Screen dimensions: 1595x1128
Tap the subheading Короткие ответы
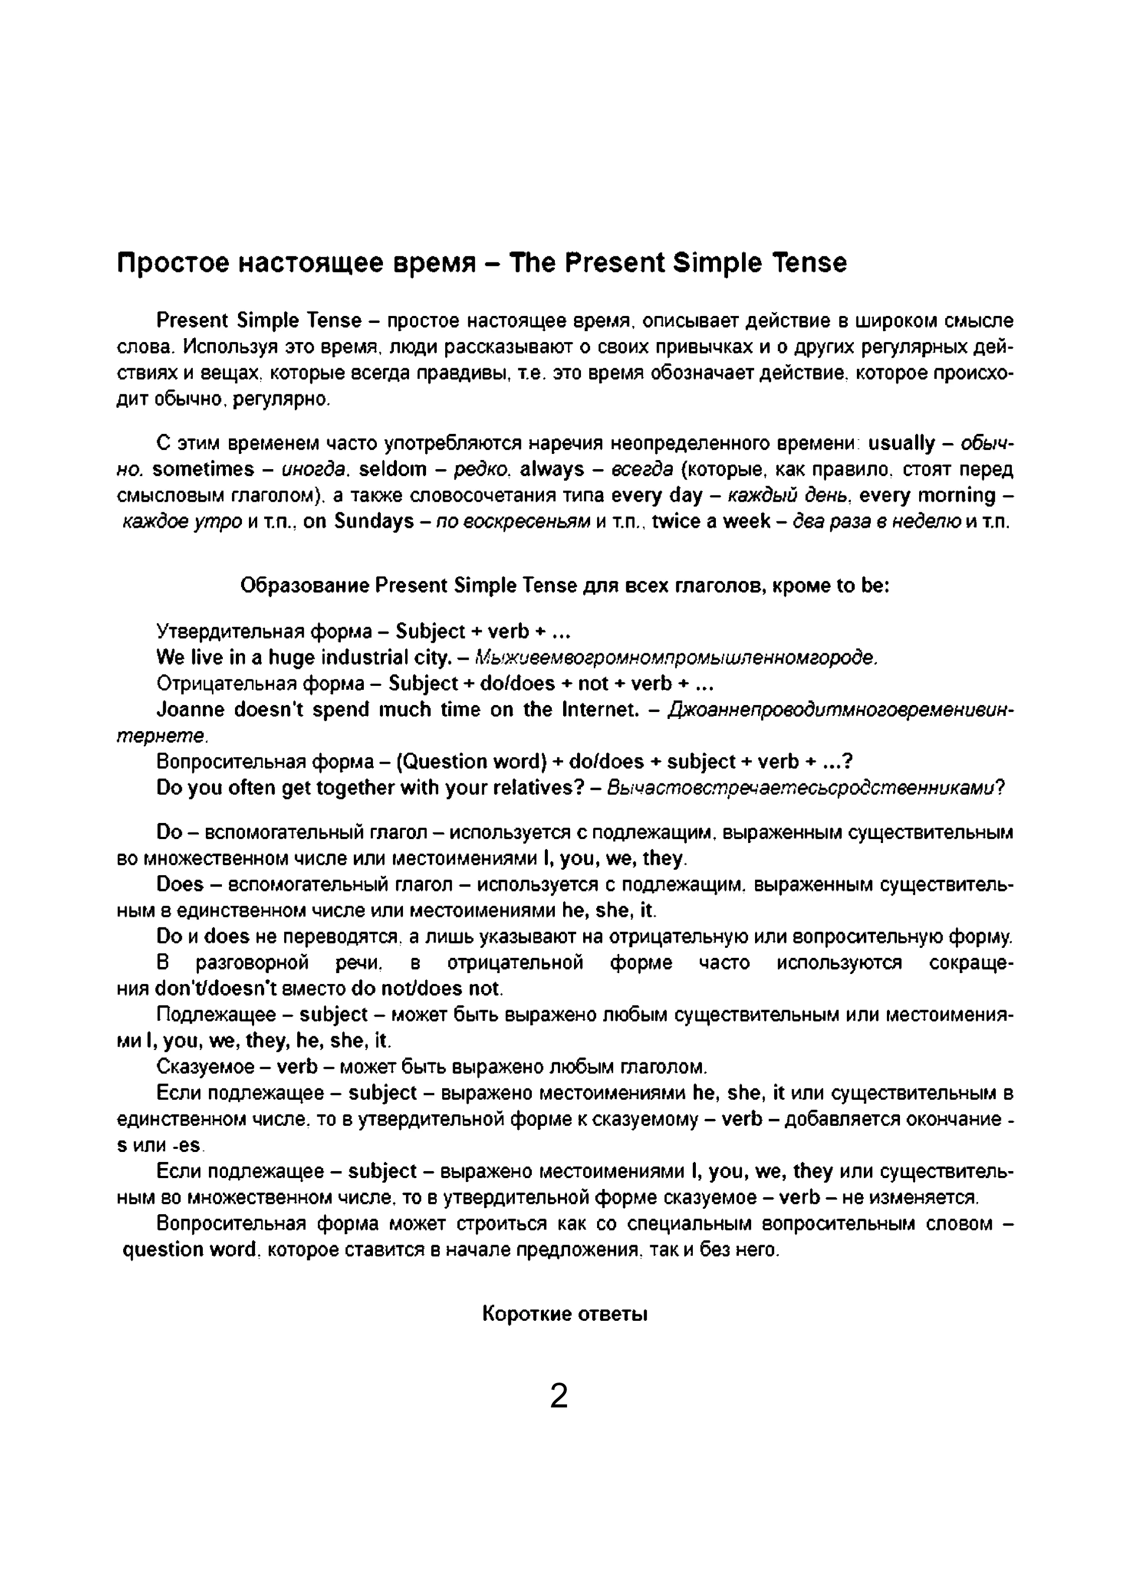click(565, 1314)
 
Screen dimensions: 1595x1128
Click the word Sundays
click(374, 522)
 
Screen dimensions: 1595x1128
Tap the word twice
click(677, 522)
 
